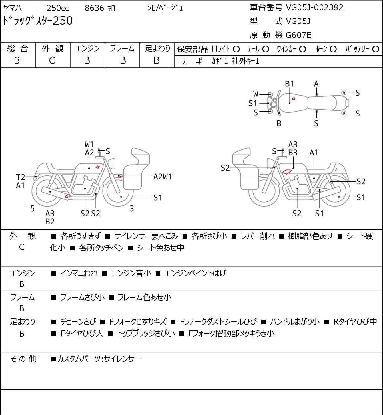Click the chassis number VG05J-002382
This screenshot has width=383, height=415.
click(x=314, y=8)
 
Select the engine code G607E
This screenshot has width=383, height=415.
click(x=298, y=35)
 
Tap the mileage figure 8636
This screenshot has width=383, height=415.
click(x=94, y=8)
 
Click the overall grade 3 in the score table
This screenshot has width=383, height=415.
click(x=17, y=60)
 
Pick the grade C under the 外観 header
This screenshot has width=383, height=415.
click(x=52, y=61)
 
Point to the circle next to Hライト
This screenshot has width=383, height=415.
click(x=236, y=49)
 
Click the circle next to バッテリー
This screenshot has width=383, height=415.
click(x=376, y=49)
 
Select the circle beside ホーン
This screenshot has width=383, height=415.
click(x=333, y=49)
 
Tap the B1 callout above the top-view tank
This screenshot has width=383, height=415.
click(x=289, y=84)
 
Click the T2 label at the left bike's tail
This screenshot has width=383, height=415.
click(x=21, y=177)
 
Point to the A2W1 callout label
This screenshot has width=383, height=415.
click(x=162, y=177)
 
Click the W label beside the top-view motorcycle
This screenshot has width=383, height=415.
click(x=256, y=94)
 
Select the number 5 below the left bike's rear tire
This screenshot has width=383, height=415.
click(x=32, y=208)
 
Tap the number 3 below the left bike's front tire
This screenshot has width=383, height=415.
click(x=132, y=208)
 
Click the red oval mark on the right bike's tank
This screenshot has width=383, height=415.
click(x=287, y=172)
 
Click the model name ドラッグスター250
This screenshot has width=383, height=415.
click(x=37, y=21)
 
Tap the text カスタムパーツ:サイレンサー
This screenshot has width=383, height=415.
click(x=99, y=359)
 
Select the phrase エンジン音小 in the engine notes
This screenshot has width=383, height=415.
click(x=131, y=273)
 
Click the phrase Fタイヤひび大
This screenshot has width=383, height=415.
click(x=82, y=333)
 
